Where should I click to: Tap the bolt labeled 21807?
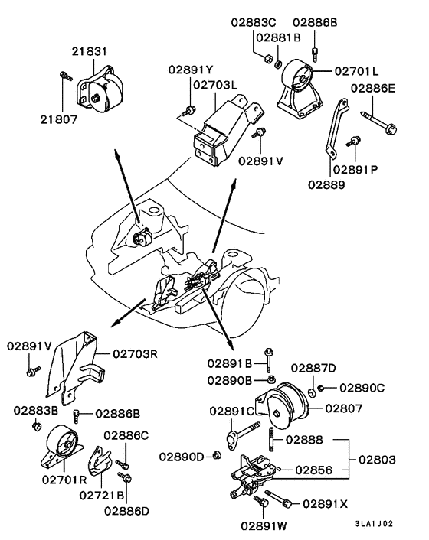64,76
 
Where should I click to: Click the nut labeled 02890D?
217,456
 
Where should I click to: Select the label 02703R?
137,354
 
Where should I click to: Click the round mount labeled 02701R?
61,447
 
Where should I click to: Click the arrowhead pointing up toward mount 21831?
117,156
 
